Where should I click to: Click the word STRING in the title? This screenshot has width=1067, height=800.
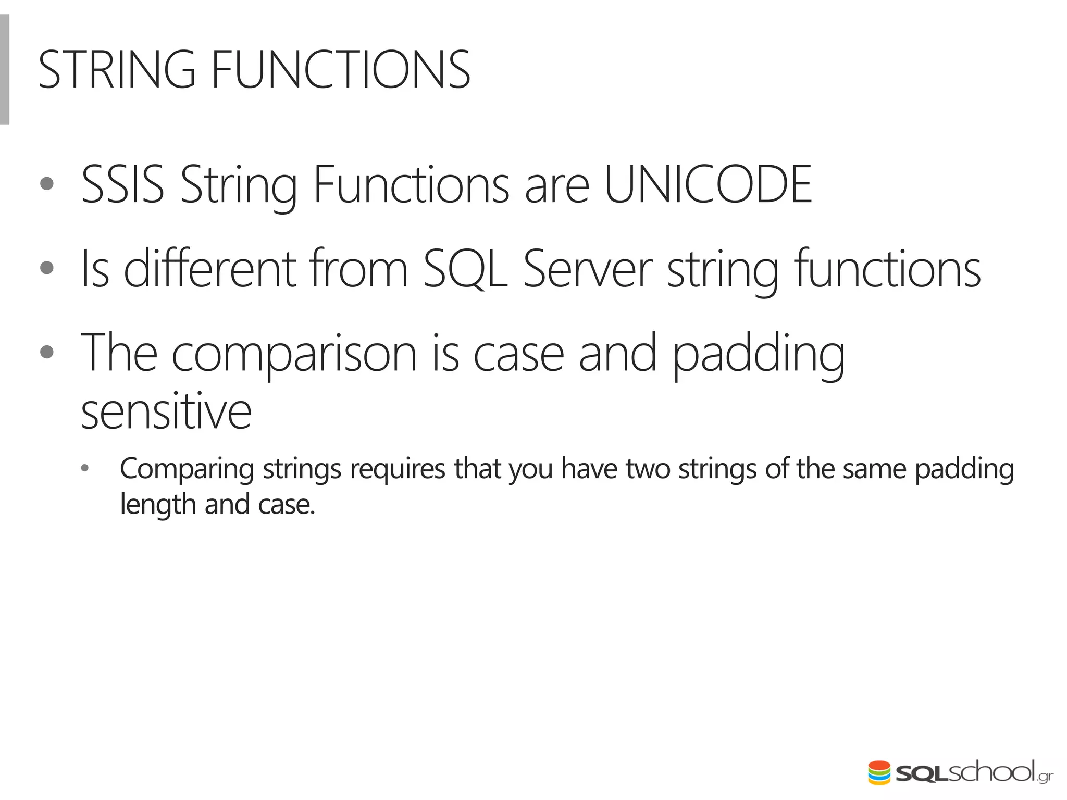(x=117, y=70)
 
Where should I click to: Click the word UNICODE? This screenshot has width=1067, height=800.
(x=708, y=184)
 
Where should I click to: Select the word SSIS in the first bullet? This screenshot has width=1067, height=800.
(x=123, y=184)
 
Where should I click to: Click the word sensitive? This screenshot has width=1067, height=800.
(x=166, y=412)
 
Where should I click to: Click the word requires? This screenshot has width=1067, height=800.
(x=397, y=469)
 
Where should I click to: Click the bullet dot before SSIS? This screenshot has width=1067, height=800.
(x=47, y=184)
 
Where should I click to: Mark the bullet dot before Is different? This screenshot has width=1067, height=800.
(x=47, y=268)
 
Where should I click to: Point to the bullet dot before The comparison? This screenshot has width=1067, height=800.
(x=47, y=353)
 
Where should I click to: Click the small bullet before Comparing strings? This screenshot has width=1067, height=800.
(x=85, y=468)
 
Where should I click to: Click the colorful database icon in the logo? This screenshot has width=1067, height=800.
(x=879, y=773)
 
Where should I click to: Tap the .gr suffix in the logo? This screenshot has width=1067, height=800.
(x=1045, y=777)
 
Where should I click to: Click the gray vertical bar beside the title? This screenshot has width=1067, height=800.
(x=4, y=70)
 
